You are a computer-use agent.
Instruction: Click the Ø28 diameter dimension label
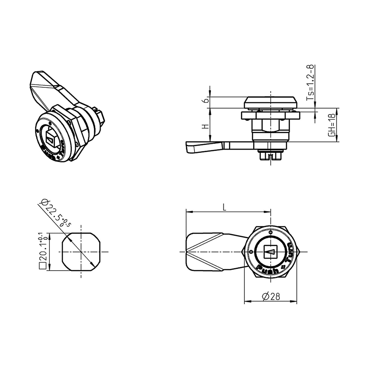271,296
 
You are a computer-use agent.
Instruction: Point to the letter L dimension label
224,207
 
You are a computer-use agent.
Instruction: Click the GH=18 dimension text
332,125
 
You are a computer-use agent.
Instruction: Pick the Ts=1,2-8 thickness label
311,82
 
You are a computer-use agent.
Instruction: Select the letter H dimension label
206,126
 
